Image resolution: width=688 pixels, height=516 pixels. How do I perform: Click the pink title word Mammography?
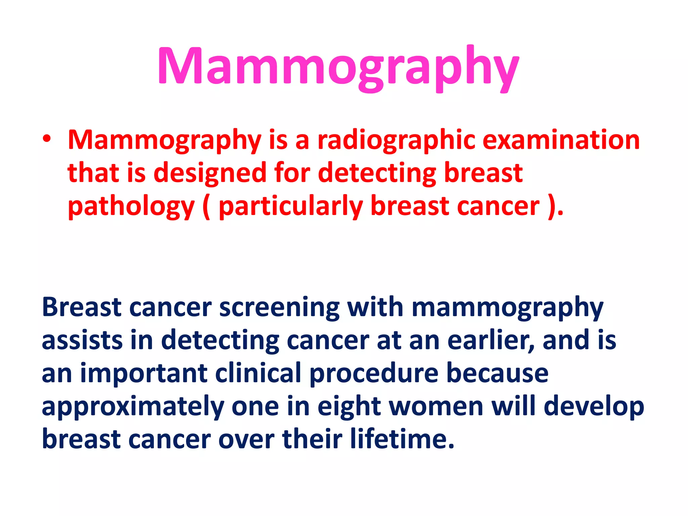[x=339, y=67]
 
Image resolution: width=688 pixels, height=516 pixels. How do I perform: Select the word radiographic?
[x=396, y=140]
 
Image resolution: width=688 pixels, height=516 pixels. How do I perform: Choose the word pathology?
[x=131, y=207]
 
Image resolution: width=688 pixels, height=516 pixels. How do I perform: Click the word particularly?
[x=291, y=207]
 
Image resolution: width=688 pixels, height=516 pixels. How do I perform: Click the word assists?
[x=82, y=340]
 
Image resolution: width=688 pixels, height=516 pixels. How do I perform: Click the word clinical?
[x=258, y=373]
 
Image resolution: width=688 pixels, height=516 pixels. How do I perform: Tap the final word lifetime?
[x=401, y=439]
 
